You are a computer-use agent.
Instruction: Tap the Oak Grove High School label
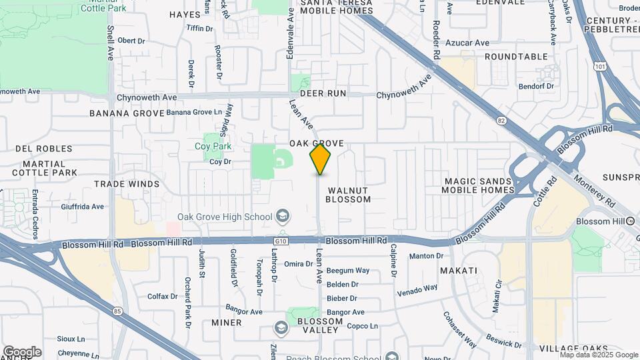point(224,217)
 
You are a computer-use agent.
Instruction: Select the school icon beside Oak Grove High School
point(283,216)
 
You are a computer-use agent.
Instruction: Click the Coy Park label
point(213,146)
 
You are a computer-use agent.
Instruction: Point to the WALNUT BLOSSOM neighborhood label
point(349,195)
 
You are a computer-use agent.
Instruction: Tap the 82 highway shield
point(501,121)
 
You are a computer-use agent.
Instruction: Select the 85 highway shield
point(118,310)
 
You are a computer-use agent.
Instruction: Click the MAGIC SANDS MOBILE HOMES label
point(479,185)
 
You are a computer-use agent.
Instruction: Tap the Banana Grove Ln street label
point(193,112)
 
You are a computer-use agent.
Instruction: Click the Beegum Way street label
point(348,271)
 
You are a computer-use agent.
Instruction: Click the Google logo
point(22,352)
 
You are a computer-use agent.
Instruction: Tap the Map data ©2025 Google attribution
point(598,355)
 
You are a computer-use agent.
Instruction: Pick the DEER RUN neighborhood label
point(322,93)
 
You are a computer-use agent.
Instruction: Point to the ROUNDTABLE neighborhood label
point(515,57)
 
